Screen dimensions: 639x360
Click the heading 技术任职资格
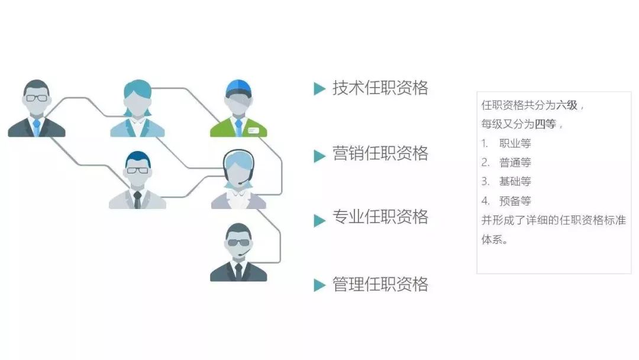tap(380, 88)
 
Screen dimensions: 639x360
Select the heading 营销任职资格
tap(380, 154)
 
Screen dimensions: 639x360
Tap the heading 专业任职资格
tap(380, 217)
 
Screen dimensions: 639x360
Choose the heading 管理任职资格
tap(380, 284)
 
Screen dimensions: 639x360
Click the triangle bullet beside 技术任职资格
tap(319, 88)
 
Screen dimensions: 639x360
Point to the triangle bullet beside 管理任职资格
tap(319, 285)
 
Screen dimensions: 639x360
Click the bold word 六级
tap(567, 105)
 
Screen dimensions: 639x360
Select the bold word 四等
tap(546, 124)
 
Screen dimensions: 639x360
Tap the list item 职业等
tap(515, 143)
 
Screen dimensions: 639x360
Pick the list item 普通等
tap(515, 163)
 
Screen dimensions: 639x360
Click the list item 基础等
tap(515, 181)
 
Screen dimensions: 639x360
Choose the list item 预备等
tap(515, 201)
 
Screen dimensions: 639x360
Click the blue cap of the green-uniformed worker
tap(238, 88)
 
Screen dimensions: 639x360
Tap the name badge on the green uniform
tap(253, 130)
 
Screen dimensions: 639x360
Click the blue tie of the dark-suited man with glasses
tap(37, 127)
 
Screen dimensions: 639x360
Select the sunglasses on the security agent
tap(238, 243)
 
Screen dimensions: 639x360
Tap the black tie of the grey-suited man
tap(137, 200)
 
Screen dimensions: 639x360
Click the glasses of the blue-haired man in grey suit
tap(137, 170)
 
